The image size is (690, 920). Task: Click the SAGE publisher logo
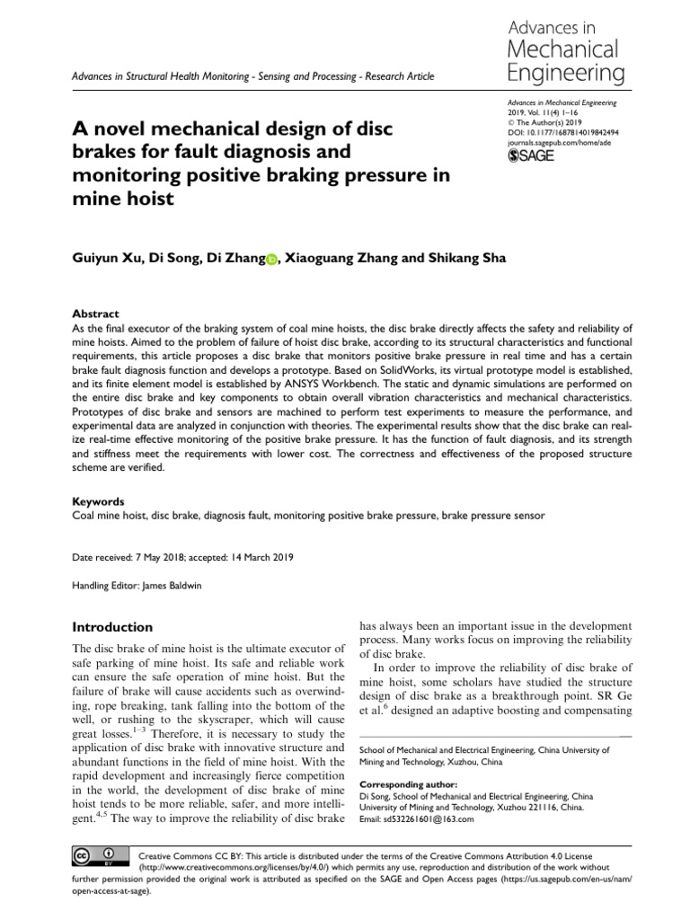[532, 155]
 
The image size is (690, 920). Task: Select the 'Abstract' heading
[95, 314]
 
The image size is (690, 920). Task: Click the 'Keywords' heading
[98, 501]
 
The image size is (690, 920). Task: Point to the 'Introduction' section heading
[112, 626]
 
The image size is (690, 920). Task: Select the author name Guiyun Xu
[106, 259]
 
